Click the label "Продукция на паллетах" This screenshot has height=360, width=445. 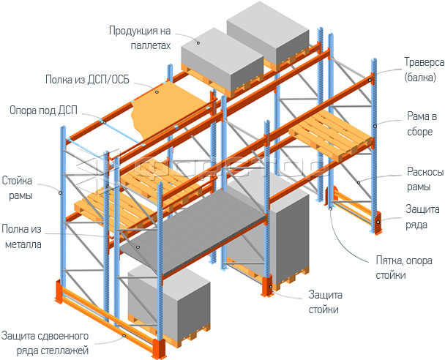pyautogui.click(x=140, y=37)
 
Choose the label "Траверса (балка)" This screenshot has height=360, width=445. pyautogui.click(x=423, y=69)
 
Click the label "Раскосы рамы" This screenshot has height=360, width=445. pyautogui.click(x=423, y=179)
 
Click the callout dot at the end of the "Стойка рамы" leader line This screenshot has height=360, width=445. pyautogui.click(x=61, y=192)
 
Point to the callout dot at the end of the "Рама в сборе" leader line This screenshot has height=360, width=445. pyautogui.click(x=375, y=126)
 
